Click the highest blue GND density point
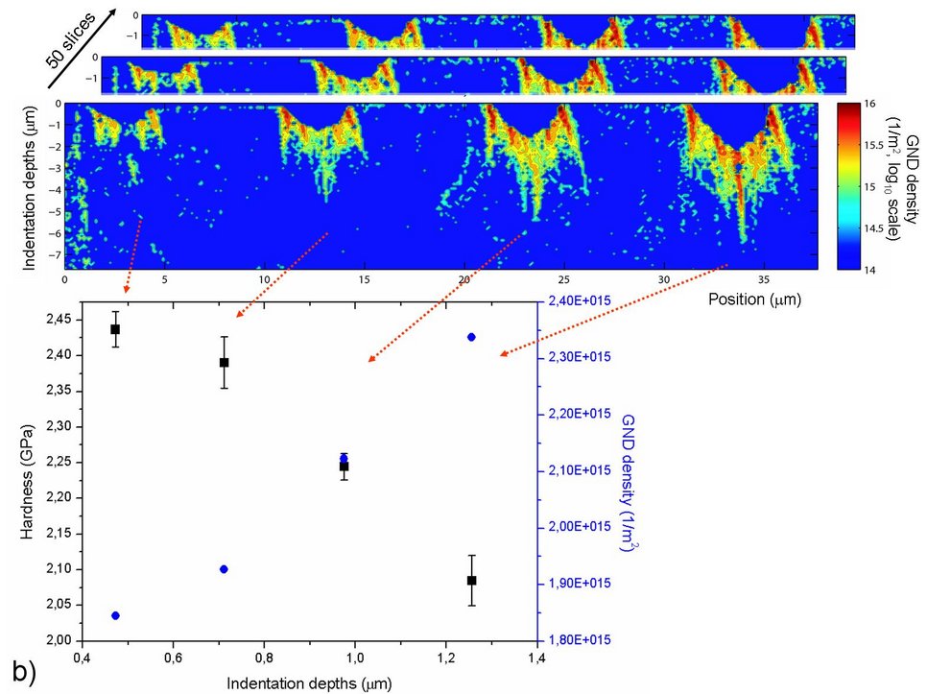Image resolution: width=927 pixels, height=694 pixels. coord(471,337)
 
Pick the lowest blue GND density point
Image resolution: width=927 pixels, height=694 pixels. coord(115,615)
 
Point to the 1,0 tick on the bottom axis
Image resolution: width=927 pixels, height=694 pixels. coord(355,658)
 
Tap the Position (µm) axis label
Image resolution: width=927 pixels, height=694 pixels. coord(754,299)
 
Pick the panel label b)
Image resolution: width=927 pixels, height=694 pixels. coord(23,671)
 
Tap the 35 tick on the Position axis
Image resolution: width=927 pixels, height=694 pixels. coord(763,278)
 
